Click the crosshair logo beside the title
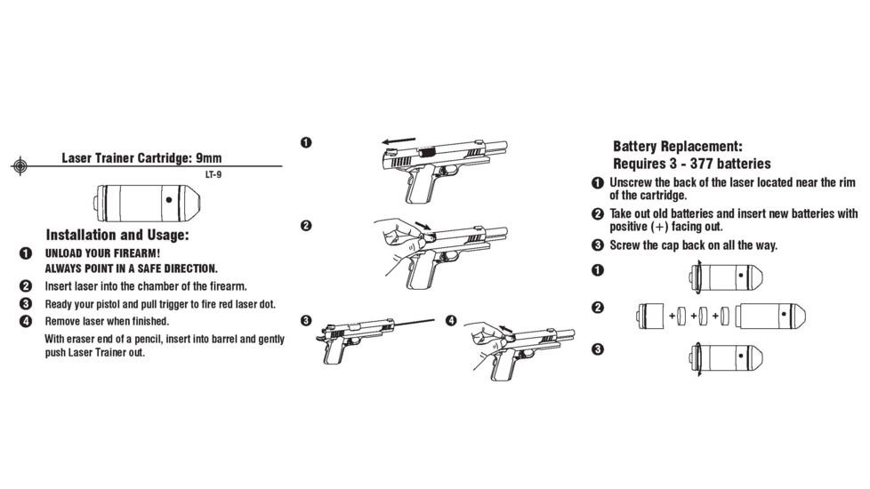[20, 165]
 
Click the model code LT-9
[213, 174]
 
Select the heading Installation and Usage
[117, 236]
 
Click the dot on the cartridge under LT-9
[169, 200]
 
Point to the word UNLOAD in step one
[64, 253]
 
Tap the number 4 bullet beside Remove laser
[26, 321]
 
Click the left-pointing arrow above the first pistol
[395, 140]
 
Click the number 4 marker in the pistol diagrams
[452, 320]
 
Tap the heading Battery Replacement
[677, 147]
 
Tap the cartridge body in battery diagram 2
[771, 315]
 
